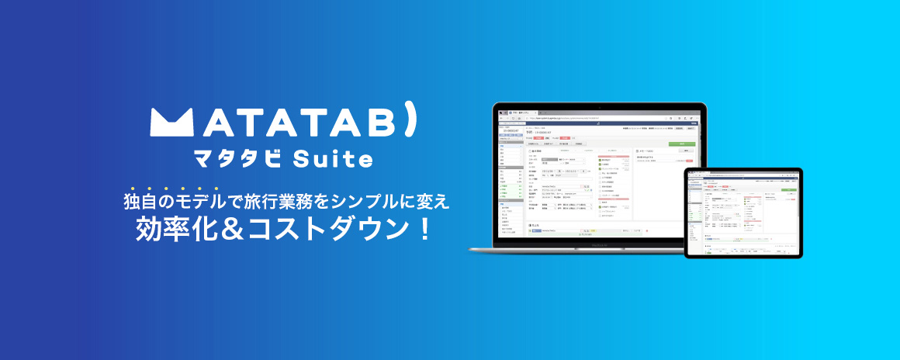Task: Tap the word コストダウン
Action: pyautogui.click(x=325, y=230)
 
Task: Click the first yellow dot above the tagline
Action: pyautogui.click(x=133, y=189)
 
